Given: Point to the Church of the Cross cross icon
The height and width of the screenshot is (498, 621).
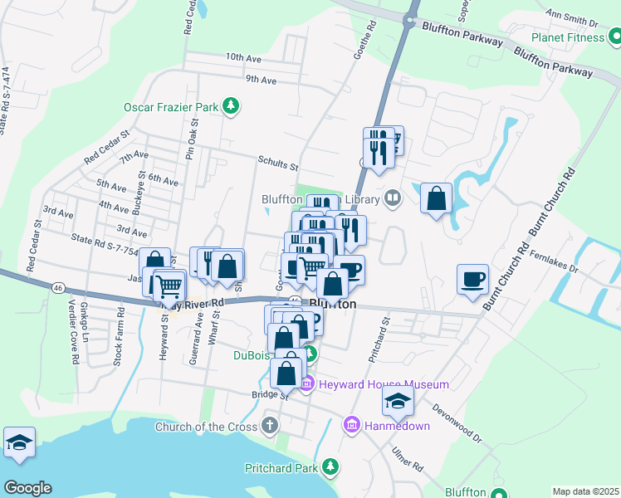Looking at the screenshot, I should coord(268,427).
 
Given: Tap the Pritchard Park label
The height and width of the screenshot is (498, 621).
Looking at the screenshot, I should coord(282,468).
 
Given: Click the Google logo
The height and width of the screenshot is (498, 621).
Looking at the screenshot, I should coord(27,488).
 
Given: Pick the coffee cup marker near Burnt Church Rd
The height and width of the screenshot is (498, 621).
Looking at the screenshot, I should coord(473,279).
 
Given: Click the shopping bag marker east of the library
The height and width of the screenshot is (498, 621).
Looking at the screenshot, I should coord(436,199).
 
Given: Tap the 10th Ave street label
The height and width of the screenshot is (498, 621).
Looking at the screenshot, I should coord(243,57).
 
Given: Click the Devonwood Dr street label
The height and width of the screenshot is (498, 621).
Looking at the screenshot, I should coord(456,423).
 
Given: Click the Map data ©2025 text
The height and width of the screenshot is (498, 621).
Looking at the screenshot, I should coord(585,491).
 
